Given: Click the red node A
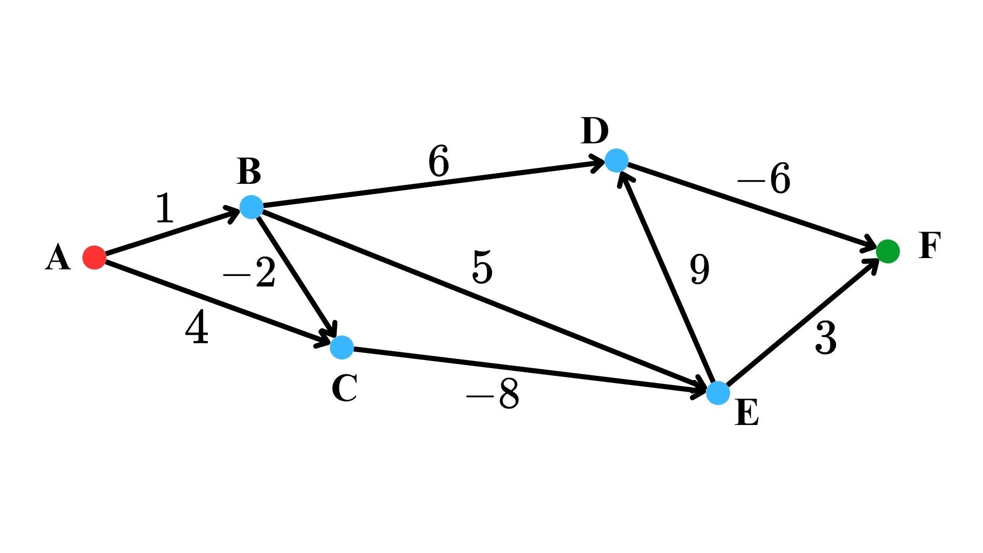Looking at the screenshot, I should (94, 257).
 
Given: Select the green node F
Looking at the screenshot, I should (888, 251).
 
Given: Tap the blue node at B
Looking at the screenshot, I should (251, 207).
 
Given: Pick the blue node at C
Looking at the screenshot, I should (341, 347).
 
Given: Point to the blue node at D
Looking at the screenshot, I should (616, 161).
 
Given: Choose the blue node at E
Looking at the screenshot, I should (718, 393).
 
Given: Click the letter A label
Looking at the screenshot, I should (57, 257).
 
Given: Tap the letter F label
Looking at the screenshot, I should (929, 246).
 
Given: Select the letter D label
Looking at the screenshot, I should (594, 131).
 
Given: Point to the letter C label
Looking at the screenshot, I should (344, 388).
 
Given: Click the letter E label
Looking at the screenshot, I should (746, 413).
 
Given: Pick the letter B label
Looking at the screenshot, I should (249, 172).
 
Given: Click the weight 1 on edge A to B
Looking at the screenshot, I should (164, 208).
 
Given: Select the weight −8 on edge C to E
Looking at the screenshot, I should (493, 394).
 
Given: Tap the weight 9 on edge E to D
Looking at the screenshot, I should (699, 269).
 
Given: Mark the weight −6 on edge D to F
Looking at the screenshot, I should (764, 179).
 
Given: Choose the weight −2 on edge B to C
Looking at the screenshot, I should (250, 273).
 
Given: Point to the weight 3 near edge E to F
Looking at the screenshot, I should (825, 338).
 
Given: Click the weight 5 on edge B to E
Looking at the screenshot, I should (482, 267).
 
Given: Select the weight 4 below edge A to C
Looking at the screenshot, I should (197, 328).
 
